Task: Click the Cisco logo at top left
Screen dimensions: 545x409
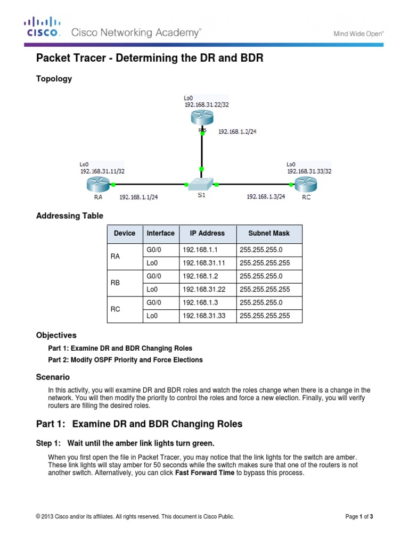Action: [42, 27]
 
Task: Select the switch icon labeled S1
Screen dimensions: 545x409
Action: [202, 184]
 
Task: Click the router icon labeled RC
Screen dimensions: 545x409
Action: [306, 185]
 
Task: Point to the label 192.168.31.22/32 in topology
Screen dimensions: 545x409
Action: [207, 105]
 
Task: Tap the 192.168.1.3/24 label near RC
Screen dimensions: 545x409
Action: [266, 196]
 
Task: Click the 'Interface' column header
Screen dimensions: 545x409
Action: [160, 233]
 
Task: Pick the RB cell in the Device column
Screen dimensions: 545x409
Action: [116, 283]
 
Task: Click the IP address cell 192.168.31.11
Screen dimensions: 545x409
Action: [200, 263]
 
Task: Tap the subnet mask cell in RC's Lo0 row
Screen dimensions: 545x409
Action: [265, 316]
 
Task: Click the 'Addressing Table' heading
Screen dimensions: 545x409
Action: [69, 216]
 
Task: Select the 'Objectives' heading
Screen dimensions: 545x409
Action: [56, 335]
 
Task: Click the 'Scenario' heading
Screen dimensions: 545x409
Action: [52, 377]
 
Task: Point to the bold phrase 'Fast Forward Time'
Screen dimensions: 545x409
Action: [204, 472]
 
